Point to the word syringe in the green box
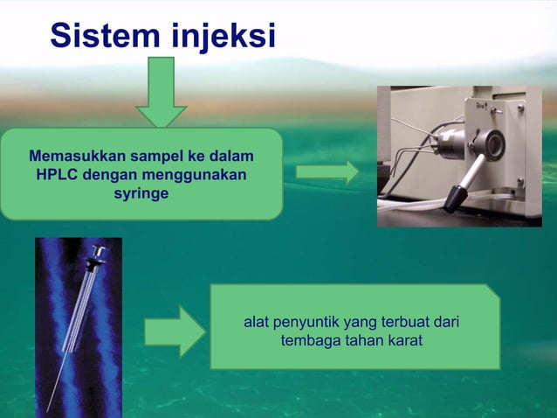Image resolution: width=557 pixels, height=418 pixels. point(141,192)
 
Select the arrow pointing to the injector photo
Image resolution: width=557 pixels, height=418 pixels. point(327,172)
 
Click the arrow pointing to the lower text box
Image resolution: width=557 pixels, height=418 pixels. point(175,331)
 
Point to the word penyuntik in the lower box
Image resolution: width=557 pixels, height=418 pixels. point(306,323)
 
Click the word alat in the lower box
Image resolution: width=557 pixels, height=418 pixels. point(257,323)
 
